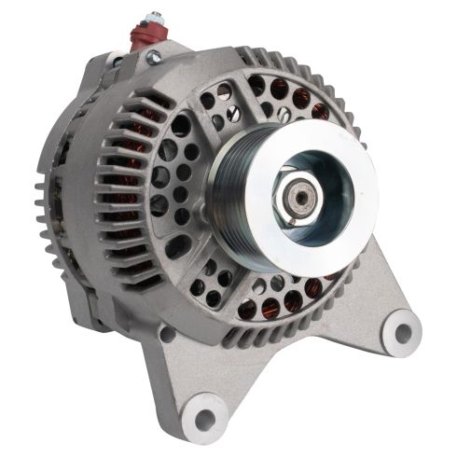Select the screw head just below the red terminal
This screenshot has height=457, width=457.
point(149,57)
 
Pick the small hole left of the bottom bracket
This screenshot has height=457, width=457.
point(166,332)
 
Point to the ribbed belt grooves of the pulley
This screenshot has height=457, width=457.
point(224,187)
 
